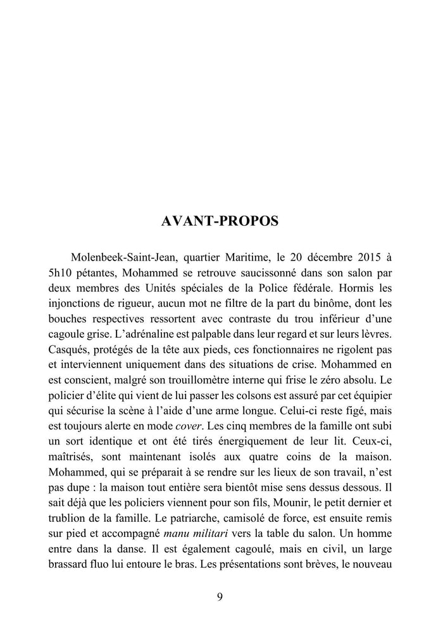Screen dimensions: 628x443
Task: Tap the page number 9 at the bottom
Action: point(220,596)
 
